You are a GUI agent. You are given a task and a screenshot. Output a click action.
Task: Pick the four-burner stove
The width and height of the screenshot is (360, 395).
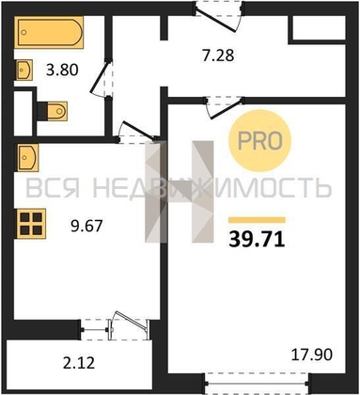pos(32,226)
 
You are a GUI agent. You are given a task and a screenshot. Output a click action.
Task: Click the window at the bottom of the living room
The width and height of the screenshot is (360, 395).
pos(259,387)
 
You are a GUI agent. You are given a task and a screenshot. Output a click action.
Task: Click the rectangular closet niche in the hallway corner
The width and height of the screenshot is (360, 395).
pos(319,27)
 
